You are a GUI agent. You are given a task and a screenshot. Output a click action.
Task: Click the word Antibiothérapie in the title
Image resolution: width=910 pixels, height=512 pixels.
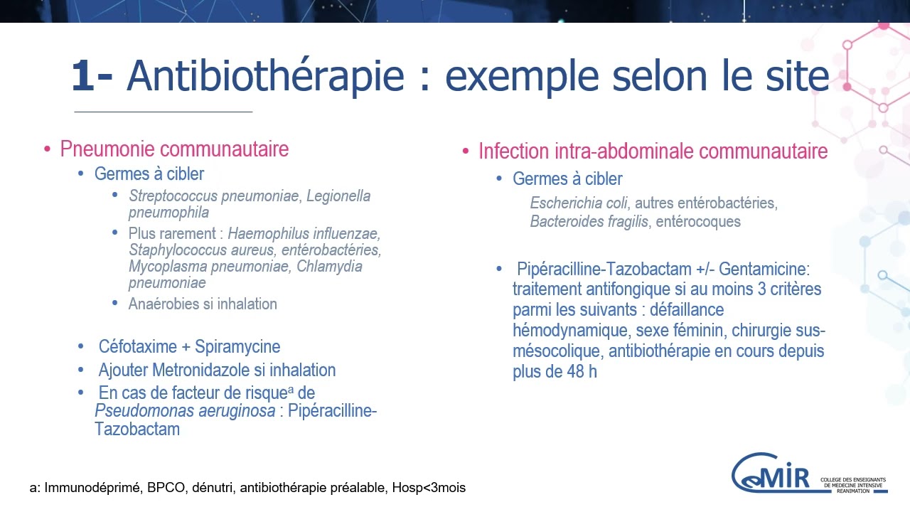pos(266,76)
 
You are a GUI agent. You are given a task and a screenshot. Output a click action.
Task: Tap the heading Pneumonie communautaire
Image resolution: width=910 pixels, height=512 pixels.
pos(174,149)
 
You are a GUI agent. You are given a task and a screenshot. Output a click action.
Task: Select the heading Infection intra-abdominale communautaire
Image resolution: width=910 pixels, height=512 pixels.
pos(653,151)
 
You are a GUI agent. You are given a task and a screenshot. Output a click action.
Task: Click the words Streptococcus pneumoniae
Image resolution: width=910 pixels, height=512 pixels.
pos(214,196)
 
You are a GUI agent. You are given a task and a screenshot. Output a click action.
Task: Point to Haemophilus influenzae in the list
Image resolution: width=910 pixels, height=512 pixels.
pos(304,233)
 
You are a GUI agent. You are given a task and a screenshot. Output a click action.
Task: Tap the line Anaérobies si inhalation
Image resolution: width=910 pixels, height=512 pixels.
pos(203,304)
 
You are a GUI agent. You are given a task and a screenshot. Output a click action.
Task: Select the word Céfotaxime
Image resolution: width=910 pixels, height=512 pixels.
pos(138,346)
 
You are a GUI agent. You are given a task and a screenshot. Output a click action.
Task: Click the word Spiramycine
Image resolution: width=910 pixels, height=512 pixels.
pos(237,346)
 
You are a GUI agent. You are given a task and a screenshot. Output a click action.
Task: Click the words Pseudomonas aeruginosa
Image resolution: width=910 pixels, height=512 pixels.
pos(185,411)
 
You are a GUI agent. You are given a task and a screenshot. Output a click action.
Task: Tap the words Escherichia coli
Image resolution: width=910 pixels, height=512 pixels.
pos(569,203)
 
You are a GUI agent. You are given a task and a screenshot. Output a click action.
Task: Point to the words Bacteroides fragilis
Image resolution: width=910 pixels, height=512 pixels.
pos(589,221)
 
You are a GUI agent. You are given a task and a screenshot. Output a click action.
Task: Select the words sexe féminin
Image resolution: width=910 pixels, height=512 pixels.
pos(674,331)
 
